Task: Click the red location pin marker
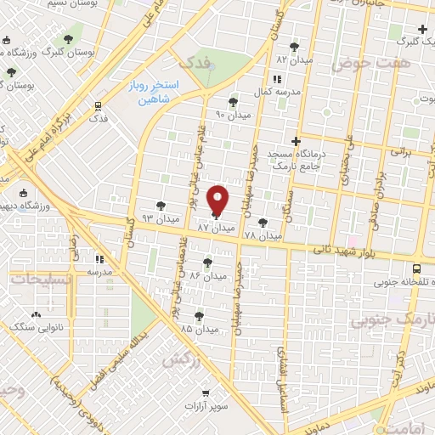coord(218,200)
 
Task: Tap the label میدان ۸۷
coord(215,229)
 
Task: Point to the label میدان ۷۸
coord(263,234)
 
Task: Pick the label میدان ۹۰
coord(234,114)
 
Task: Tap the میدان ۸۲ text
coord(294,60)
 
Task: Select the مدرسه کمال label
coord(274,91)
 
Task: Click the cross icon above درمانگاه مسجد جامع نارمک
coord(296,141)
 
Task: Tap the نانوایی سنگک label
coord(35,326)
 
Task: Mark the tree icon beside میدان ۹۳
coord(161,205)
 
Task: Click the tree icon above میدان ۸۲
coord(294,47)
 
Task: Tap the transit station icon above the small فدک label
coord(99,107)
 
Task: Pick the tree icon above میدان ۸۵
coord(200,315)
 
